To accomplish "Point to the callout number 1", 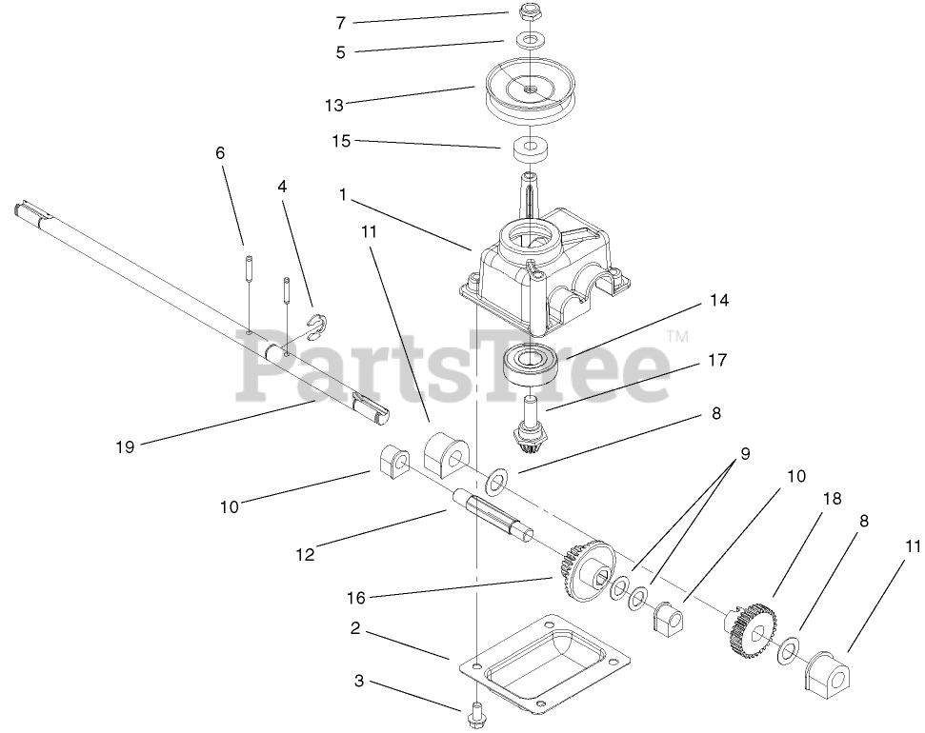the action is click(x=341, y=193).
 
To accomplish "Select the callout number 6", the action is click(x=221, y=151).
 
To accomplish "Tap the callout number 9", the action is click(x=746, y=454).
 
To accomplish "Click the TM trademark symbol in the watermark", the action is click(x=676, y=336).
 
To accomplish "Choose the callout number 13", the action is click(x=333, y=105).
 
